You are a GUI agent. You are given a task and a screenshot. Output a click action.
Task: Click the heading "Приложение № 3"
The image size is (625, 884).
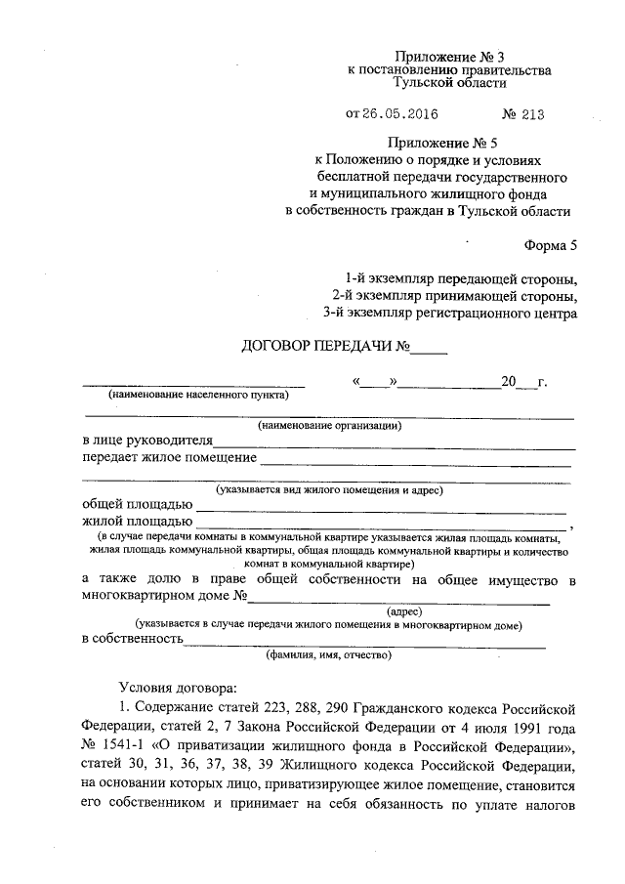449,57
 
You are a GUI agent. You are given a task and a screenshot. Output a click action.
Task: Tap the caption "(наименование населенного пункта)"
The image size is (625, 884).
198,396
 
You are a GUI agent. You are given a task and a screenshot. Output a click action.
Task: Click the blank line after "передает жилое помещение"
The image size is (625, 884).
415,461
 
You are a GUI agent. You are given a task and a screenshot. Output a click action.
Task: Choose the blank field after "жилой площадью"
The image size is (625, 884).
381,526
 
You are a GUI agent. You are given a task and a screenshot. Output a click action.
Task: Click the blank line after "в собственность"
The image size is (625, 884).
365,644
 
